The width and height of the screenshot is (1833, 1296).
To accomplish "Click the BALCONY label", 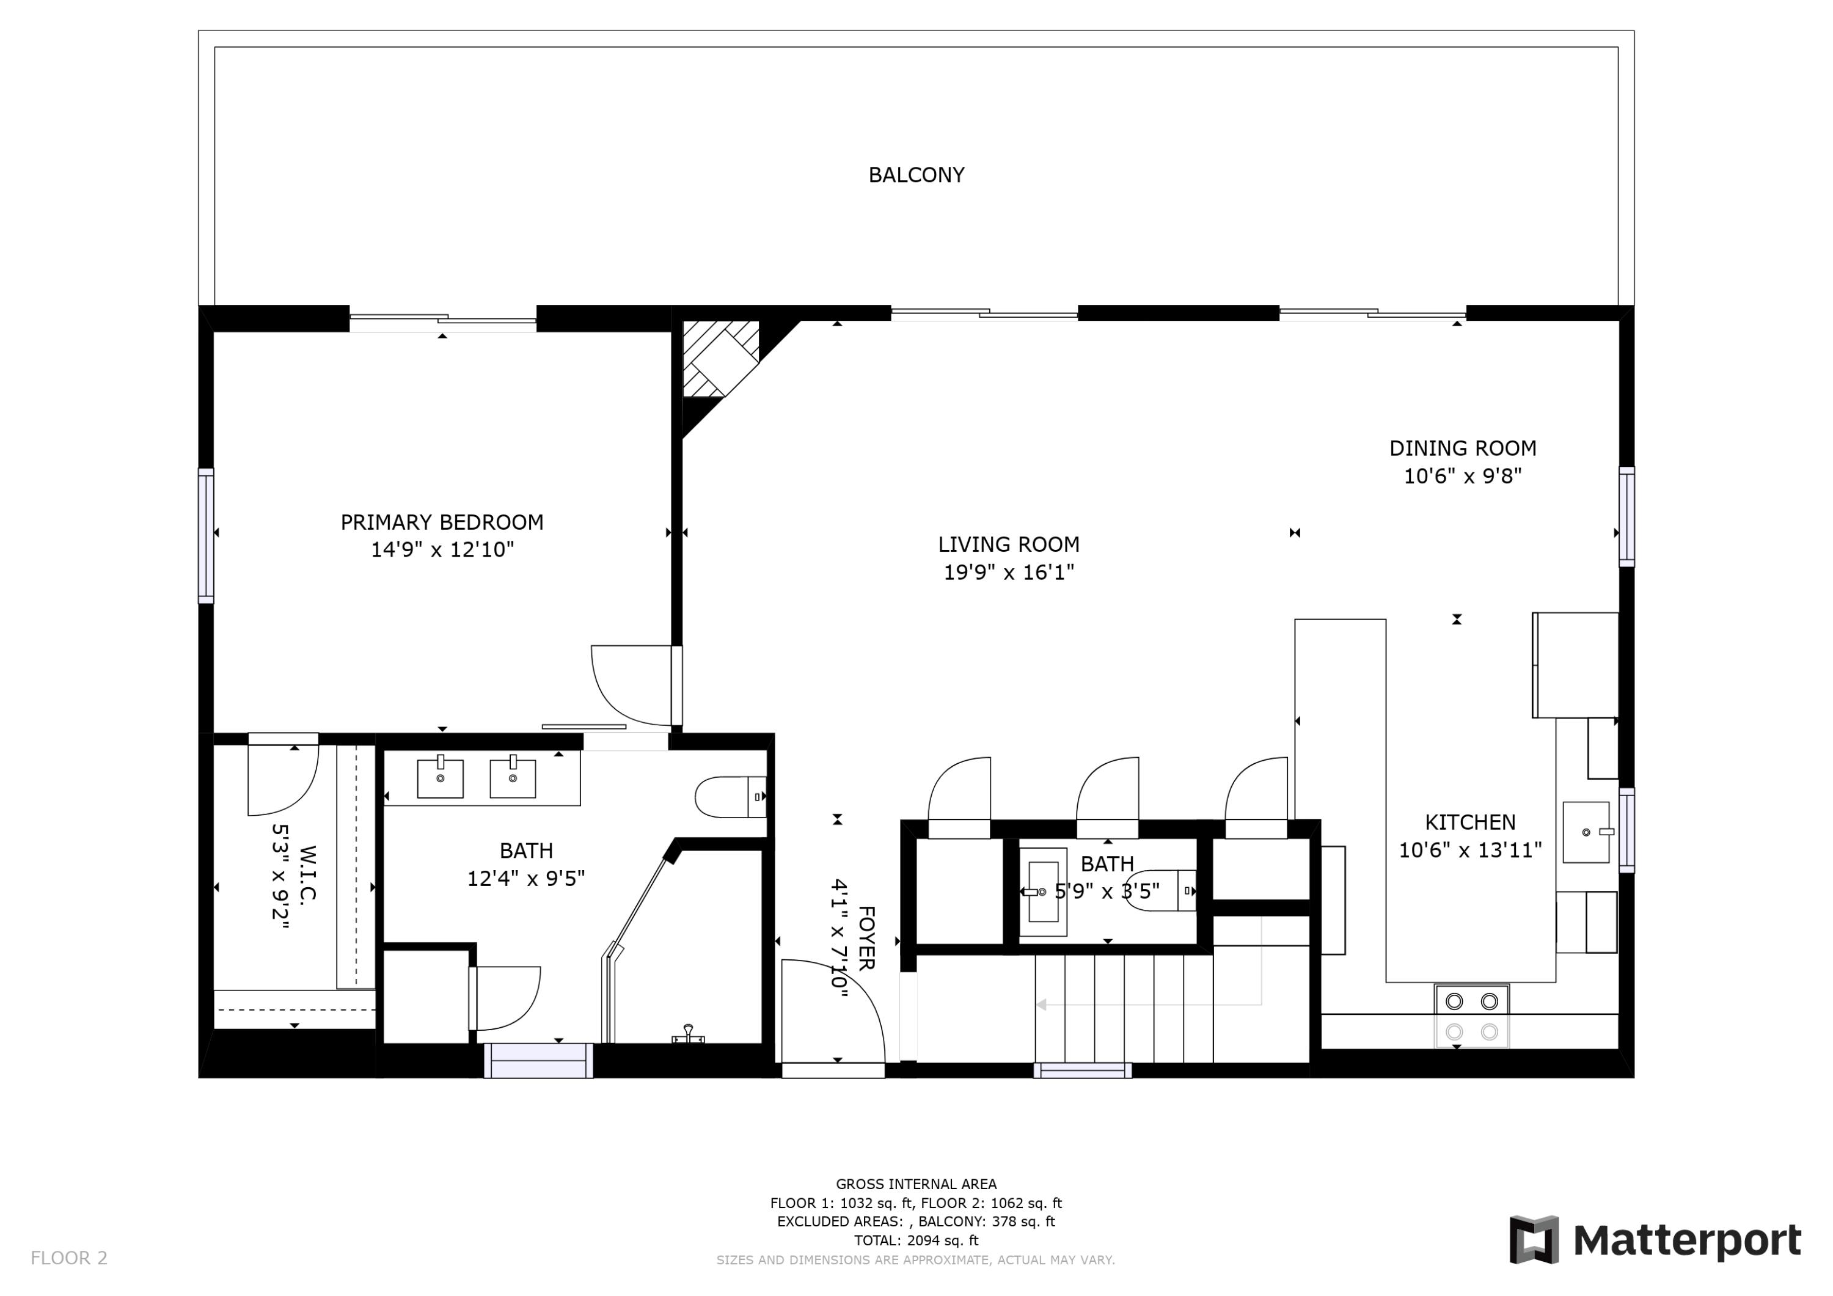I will tap(916, 175).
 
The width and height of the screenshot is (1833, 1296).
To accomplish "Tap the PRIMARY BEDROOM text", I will tap(442, 522).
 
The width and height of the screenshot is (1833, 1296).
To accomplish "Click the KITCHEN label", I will tap(1469, 822).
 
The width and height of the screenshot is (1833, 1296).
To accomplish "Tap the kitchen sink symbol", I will tap(1586, 832).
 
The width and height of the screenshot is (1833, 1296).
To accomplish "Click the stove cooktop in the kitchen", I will tap(1471, 1016).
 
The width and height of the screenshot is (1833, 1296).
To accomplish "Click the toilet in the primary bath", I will tap(729, 796).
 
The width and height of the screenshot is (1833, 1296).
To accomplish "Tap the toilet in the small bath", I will tap(1166, 890).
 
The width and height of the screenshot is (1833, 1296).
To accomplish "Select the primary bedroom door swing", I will tap(633, 684).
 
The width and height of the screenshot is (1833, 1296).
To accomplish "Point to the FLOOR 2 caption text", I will tap(68, 1258).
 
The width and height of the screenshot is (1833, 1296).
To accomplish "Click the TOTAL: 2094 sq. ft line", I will tap(916, 1240).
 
